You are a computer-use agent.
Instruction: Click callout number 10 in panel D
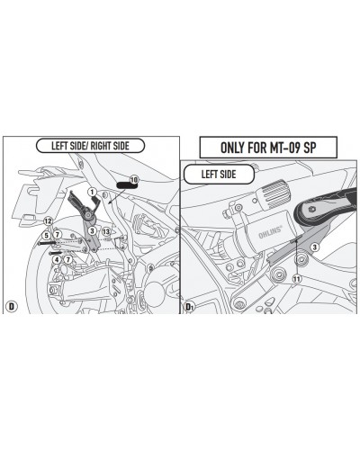point(134,180)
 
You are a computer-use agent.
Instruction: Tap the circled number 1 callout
point(92,192)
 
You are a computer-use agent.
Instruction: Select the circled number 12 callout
point(48,221)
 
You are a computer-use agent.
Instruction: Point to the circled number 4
point(57,259)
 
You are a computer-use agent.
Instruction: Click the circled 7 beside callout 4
point(68,259)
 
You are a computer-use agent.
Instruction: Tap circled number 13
point(106,231)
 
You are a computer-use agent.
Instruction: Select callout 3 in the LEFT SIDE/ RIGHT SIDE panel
point(92,230)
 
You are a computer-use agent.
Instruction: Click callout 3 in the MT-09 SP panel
point(314,247)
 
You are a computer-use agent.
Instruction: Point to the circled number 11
point(297,279)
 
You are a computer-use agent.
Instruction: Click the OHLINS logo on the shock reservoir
point(270,232)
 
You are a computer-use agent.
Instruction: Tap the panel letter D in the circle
point(12,307)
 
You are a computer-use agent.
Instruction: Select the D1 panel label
point(189,307)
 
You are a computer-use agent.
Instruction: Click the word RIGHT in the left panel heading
point(101,146)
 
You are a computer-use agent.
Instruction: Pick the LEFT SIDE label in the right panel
point(219,174)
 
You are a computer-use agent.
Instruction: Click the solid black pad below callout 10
point(125,184)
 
